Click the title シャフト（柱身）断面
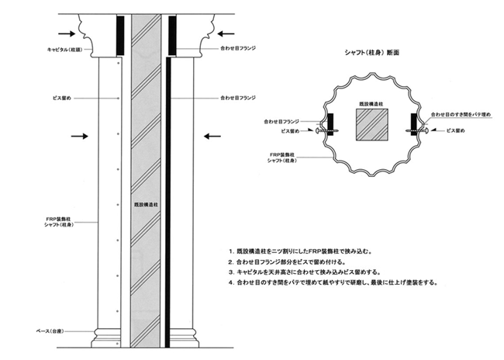(371, 53)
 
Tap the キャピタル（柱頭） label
(64, 50)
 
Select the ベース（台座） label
(50, 331)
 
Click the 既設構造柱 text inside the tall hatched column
(146, 204)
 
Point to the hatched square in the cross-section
(371, 124)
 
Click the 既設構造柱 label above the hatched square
(371, 104)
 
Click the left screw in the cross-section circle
(326, 131)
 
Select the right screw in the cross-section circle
(417, 130)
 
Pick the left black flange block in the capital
(120, 36)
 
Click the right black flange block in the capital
(172, 36)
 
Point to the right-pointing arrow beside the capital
(67, 33)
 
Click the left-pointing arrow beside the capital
(226, 33)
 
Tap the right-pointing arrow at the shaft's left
(79, 137)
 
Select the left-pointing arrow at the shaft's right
(212, 137)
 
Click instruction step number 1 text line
(301, 251)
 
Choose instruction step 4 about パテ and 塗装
(333, 283)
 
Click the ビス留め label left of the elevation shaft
(62, 98)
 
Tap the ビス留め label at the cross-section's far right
(455, 130)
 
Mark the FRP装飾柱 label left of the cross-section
(282, 157)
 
